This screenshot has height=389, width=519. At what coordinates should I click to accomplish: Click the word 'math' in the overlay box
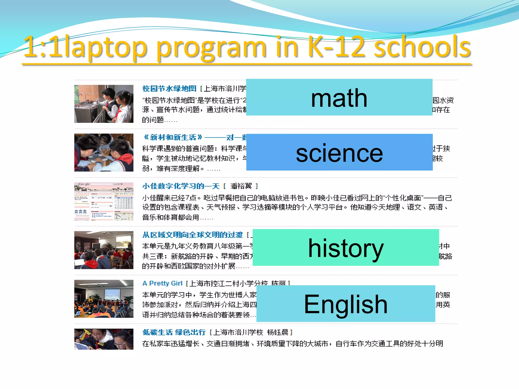tap(339, 98)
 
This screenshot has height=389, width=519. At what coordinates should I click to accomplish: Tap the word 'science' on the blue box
tap(339, 153)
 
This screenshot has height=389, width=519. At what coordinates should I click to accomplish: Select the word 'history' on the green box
tap(346, 248)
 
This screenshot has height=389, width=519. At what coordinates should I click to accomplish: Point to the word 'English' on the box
tap(346, 304)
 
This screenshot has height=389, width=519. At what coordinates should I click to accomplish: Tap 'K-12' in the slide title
tap(336, 47)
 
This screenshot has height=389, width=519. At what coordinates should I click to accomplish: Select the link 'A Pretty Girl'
tap(162, 283)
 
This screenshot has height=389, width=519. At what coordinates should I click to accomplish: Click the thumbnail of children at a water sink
tap(104, 104)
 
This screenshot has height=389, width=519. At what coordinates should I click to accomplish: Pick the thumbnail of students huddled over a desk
tap(104, 152)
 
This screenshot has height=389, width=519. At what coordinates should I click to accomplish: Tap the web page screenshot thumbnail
tap(104, 201)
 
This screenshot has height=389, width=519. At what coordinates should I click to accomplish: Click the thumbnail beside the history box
tap(104, 250)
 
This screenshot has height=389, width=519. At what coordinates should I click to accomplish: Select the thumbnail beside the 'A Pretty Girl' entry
tap(104, 299)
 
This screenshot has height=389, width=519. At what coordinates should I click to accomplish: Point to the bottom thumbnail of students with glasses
tap(104, 339)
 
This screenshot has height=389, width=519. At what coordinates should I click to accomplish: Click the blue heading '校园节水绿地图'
tap(169, 89)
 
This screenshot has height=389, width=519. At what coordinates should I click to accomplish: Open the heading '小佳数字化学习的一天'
tap(181, 186)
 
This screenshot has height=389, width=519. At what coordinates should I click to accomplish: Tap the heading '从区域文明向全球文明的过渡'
tap(192, 235)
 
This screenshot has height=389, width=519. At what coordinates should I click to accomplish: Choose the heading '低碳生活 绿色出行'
tap(174, 332)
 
